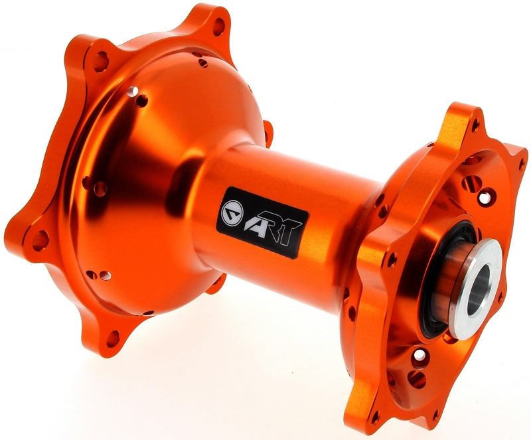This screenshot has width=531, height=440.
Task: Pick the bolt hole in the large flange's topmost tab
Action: (218, 27)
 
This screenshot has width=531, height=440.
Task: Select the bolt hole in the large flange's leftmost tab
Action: (40, 240)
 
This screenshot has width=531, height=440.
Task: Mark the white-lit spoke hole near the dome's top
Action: (132, 90)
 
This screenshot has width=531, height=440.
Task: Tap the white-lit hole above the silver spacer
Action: (490, 196)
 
